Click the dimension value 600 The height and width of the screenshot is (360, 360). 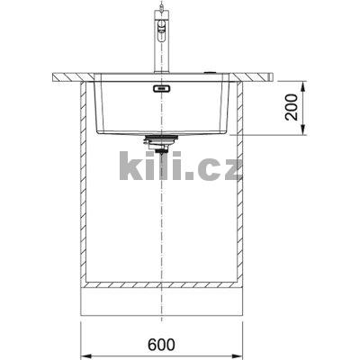pos(165,343)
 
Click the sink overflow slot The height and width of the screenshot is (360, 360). pos(162,90)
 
